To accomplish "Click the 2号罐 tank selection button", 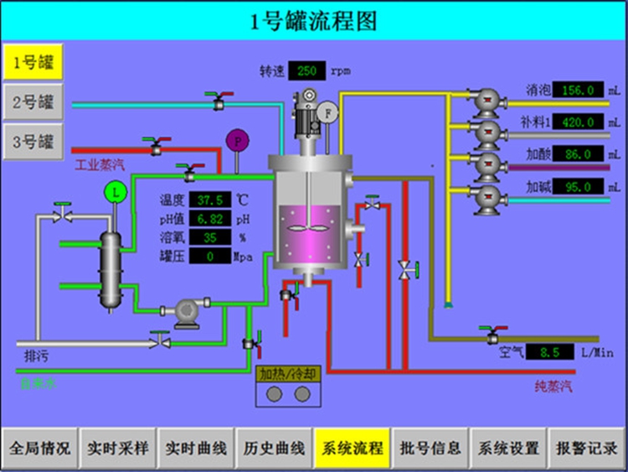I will (33, 102).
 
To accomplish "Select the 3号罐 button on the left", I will (33, 142).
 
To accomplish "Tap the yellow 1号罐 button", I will (33, 61).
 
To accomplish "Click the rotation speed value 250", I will (306, 71).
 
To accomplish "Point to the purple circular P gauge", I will (239, 141).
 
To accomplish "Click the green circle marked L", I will (116, 192).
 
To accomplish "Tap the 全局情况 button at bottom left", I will (40, 449).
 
